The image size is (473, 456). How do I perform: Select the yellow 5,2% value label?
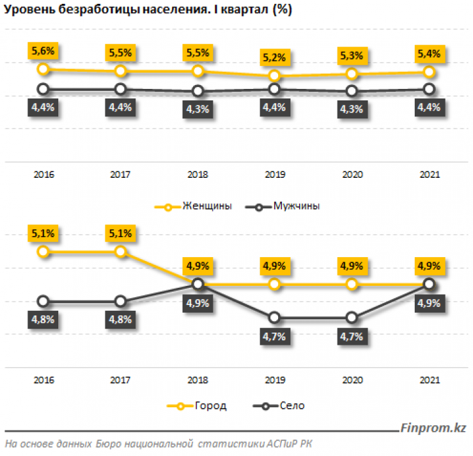274,58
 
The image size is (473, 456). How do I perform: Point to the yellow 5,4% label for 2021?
429,52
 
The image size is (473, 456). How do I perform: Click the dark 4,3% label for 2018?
198,109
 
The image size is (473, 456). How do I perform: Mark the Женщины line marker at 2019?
274,76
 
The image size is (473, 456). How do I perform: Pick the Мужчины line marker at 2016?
43,89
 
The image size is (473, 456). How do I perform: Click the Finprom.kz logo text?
433,427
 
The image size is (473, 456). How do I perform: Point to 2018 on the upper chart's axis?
198,175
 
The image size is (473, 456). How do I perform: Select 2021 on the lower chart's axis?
429,380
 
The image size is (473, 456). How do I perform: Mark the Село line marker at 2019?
274,317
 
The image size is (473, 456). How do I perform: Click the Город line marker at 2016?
43,251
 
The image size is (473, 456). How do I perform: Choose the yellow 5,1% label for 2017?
120,234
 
